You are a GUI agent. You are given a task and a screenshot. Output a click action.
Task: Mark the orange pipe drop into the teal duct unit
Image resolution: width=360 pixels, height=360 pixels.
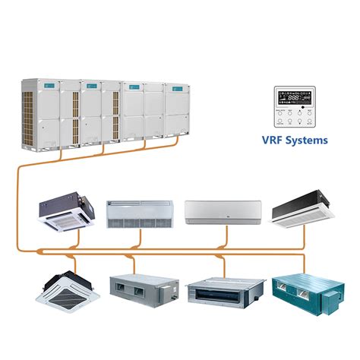click(x=304, y=261)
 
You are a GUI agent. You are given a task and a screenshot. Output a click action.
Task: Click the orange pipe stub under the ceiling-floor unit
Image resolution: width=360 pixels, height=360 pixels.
click(x=140, y=238)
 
